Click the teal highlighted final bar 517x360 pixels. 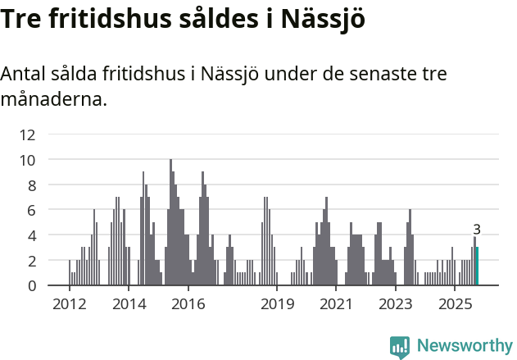477,267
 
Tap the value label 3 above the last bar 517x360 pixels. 477,230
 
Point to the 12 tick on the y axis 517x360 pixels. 27,134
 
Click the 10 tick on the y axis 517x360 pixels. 27,160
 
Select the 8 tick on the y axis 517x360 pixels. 30,185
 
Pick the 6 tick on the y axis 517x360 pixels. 30,210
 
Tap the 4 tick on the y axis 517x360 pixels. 30,235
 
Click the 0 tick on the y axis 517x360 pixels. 30,285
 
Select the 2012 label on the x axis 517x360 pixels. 69,304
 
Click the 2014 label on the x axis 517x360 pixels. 129,304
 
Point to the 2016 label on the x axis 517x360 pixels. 188,304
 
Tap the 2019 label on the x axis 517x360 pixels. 278,304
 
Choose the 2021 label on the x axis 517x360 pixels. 337,304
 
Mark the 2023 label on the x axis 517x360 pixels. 397,304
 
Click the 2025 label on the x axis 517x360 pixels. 456,304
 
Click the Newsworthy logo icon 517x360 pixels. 400,346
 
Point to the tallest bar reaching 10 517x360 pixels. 170,222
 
